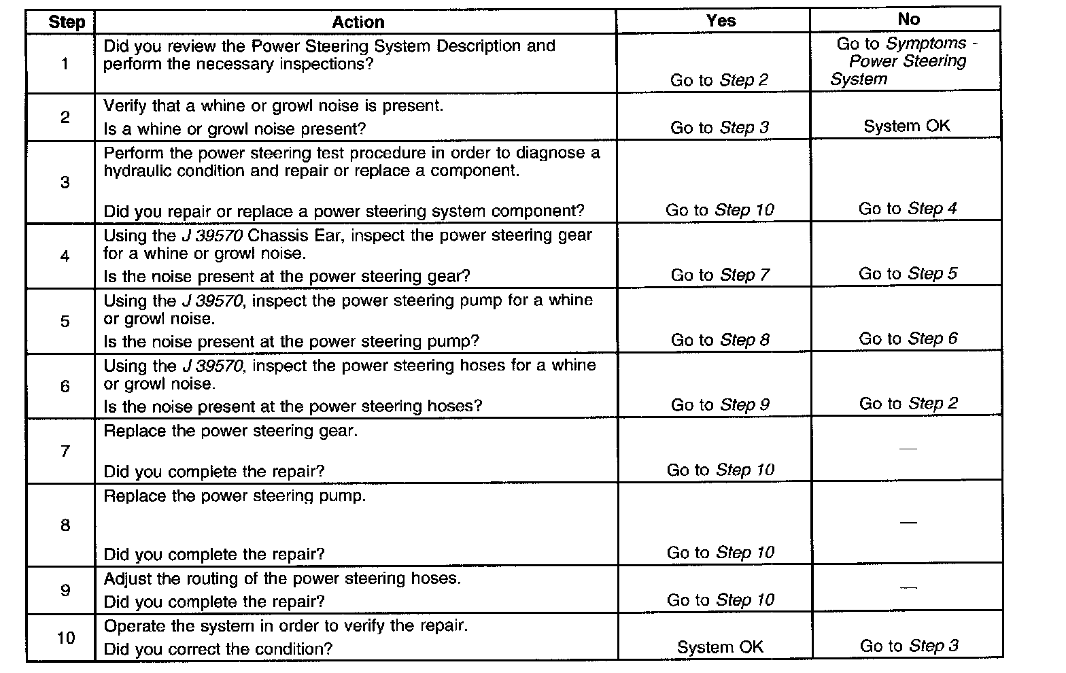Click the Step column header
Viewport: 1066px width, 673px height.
coord(67,22)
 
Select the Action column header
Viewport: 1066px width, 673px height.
coord(358,22)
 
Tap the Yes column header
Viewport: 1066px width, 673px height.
coord(721,20)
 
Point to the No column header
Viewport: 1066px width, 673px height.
coord(908,19)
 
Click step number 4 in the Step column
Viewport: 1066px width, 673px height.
coord(65,256)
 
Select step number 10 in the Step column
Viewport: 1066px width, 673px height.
coord(65,638)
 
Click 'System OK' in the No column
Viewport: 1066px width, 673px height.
coord(907,126)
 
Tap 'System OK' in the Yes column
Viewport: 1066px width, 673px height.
coord(720,647)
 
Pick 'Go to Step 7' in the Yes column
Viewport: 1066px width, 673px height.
coord(720,275)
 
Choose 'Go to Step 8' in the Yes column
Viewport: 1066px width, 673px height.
coord(720,340)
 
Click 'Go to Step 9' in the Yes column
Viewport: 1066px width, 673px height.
coord(720,405)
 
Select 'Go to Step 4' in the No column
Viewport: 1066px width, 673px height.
coord(908,209)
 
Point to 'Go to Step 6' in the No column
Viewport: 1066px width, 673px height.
coord(908,339)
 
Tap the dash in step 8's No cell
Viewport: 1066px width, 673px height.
coord(908,522)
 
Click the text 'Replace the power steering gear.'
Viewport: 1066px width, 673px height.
coord(230,431)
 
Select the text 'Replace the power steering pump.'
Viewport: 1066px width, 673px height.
coord(235,496)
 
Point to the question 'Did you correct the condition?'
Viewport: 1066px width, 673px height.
coord(218,649)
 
